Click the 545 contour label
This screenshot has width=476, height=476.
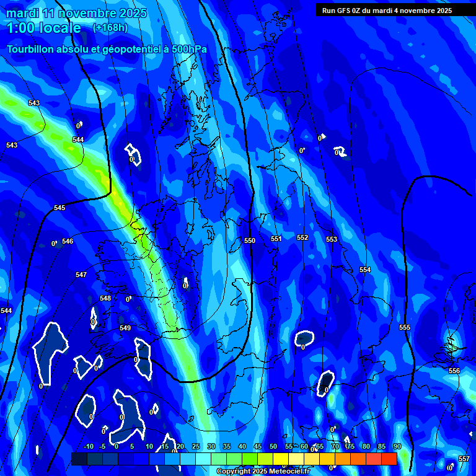click(x=59, y=208)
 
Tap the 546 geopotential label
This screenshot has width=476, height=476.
click(x=68, y=241)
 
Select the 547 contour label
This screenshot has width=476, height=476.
click(x=81, y=275)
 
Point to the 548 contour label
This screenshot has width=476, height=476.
click(x=105, y=298)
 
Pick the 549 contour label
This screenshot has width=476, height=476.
click(x=125, y=328)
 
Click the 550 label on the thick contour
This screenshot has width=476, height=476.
click(x=250, y=240)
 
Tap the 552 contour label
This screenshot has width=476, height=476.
click(x=302, y=237)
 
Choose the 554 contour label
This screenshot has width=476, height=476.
click(x=365, y=270)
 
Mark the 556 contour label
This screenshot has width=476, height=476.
click(x=454, y=371)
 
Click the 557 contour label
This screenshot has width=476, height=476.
click(x=464, y=459)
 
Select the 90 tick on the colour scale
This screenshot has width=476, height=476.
click(x=397, y=446)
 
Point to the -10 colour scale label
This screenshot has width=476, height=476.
click(x=88, y=446)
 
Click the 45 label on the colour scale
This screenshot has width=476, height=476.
click(x=258, y=446)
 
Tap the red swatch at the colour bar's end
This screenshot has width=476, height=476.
click(x=389, y=459)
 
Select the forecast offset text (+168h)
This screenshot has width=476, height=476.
click(x=110, y=27)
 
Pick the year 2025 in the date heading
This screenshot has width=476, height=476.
click(x=133, y=12)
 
